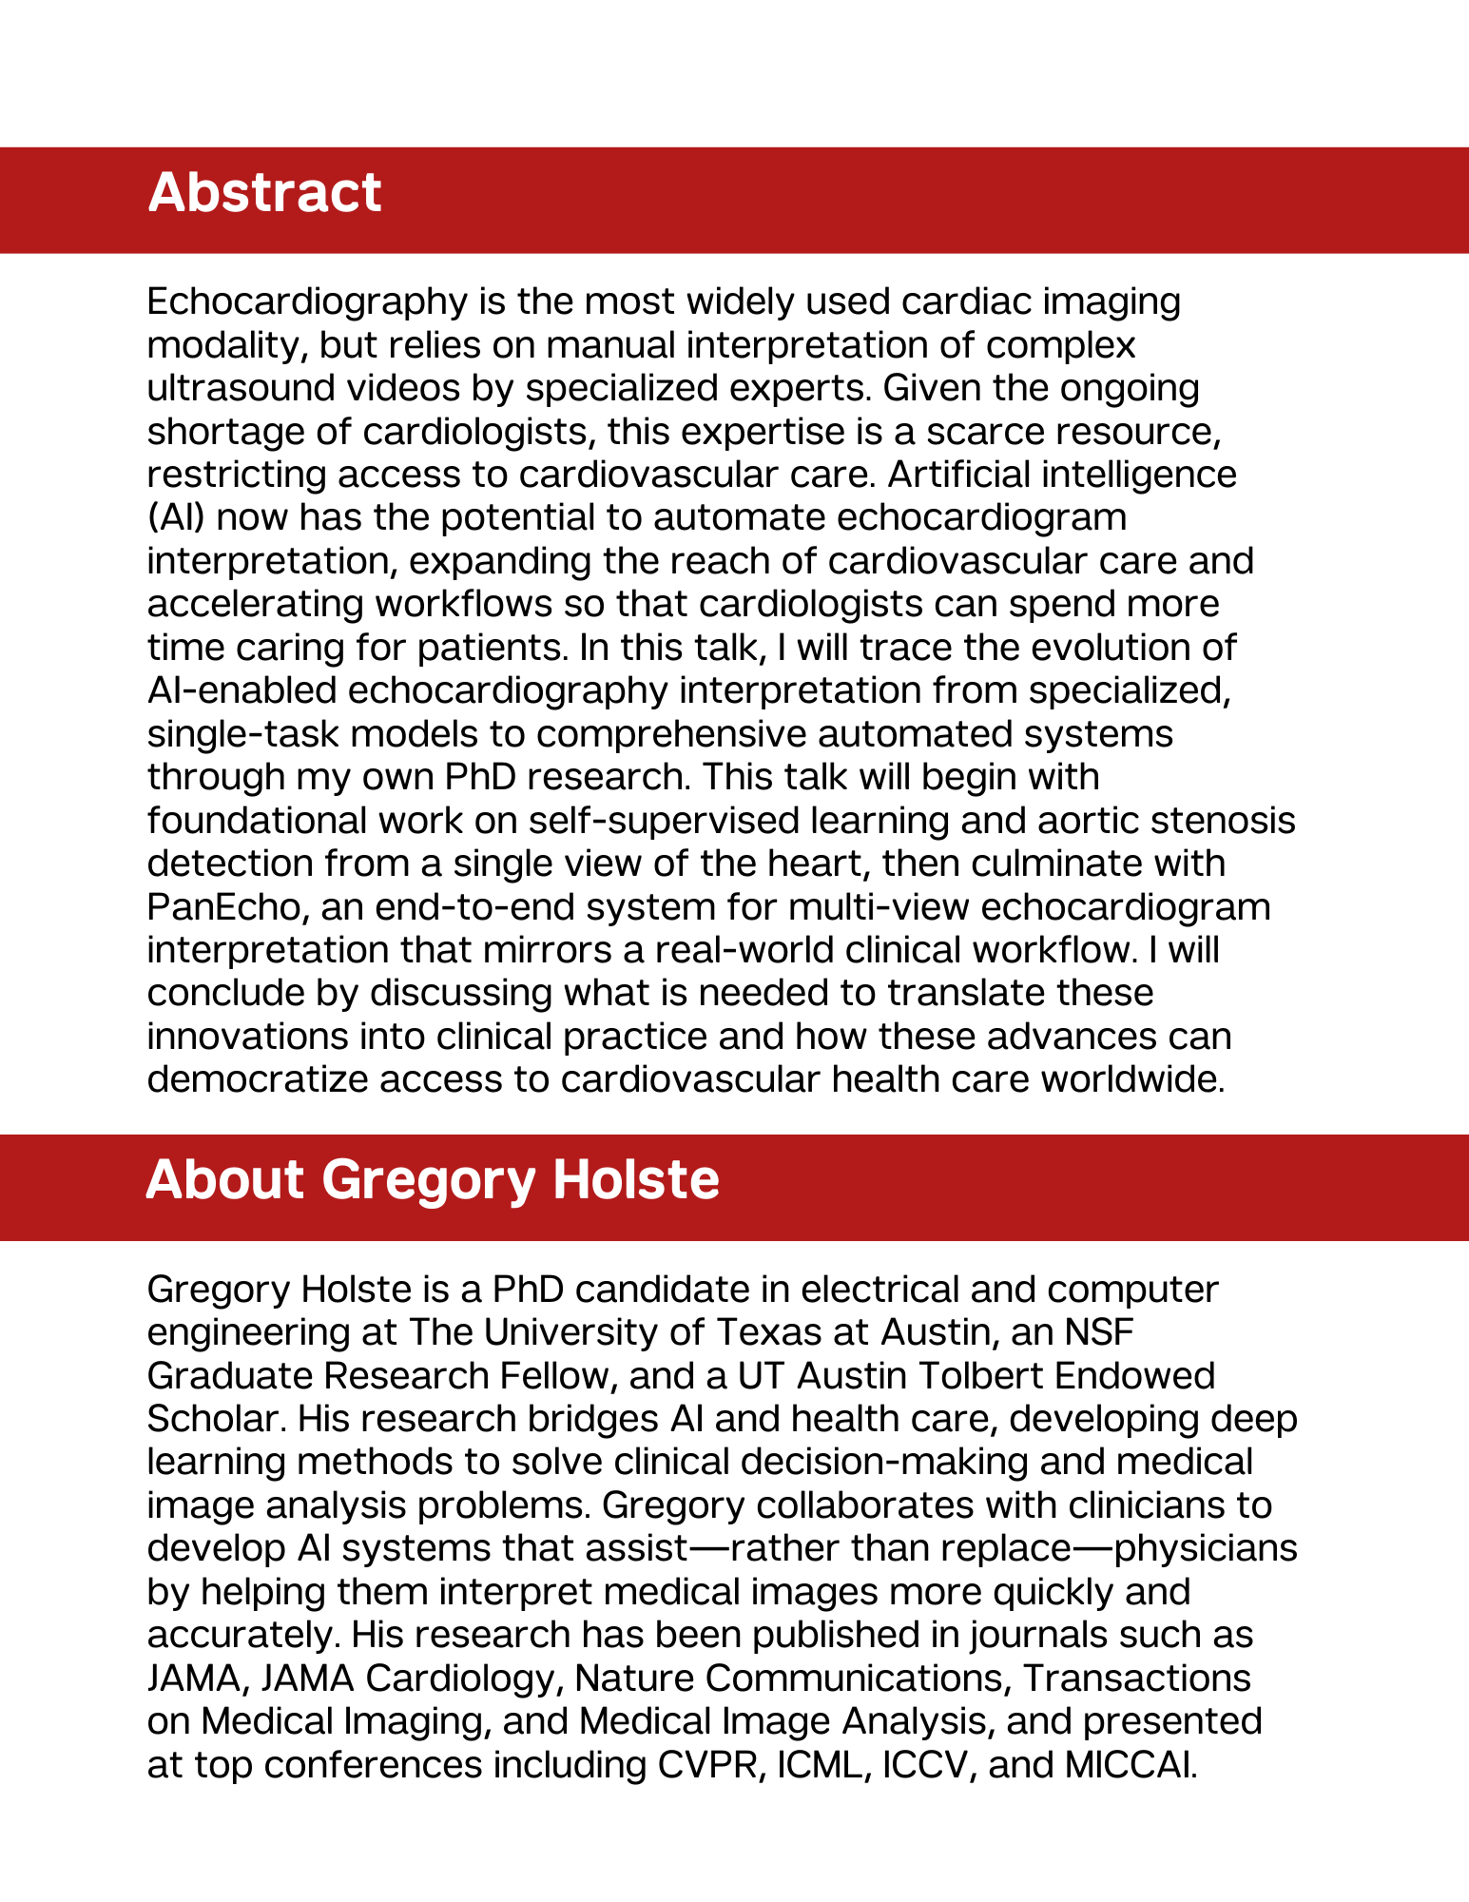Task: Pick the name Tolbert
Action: [x=967, y=1375]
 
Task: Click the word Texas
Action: [x=769, y=1331]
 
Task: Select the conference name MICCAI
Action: [x=1130, y=1765]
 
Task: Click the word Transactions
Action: [x=1136, y=1679]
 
